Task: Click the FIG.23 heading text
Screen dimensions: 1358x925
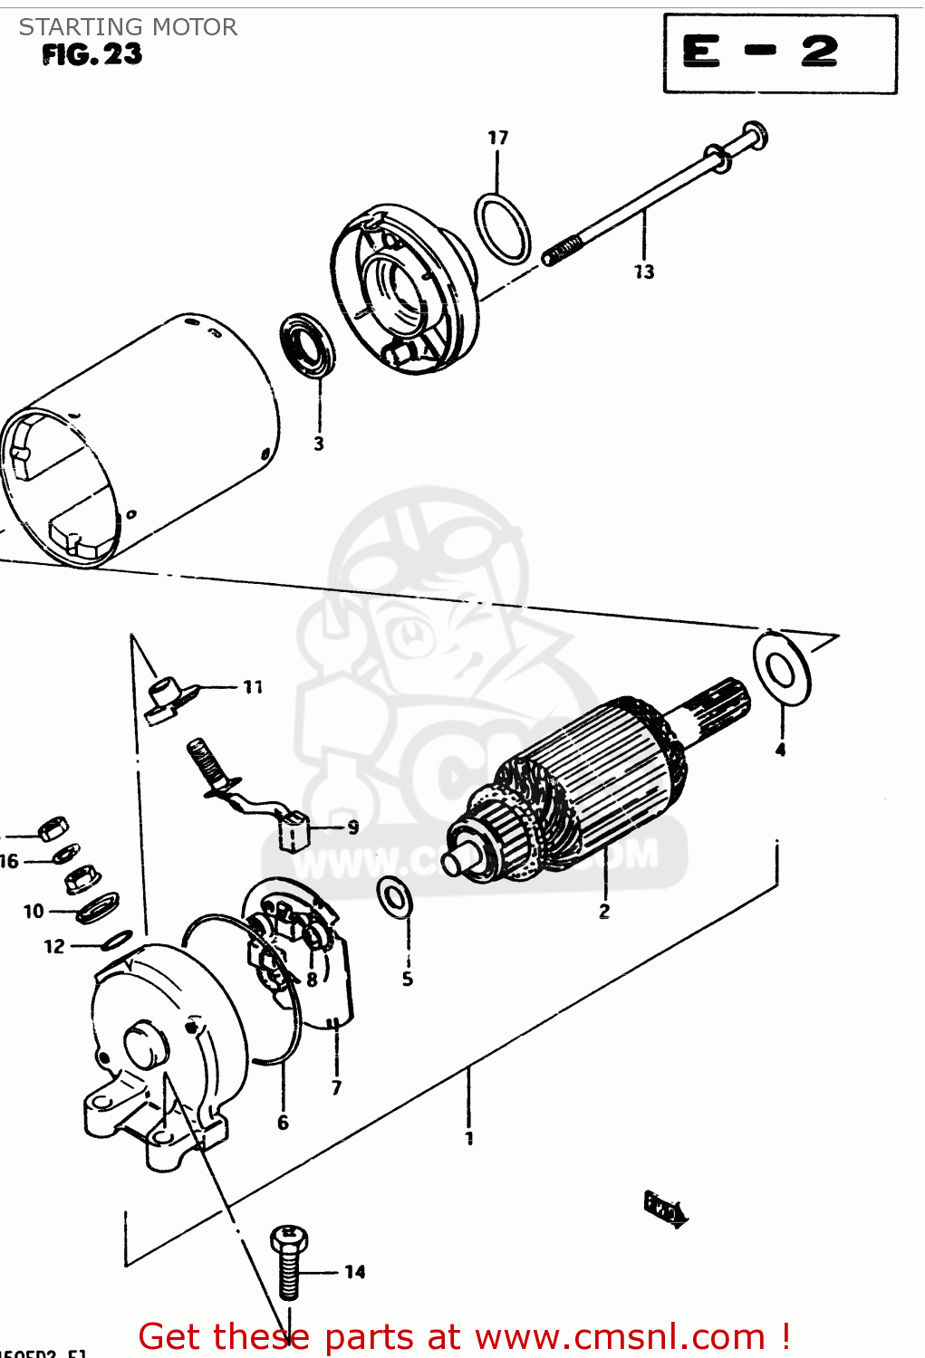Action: tap(92, 55)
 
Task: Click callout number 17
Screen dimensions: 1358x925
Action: tap(497, 138)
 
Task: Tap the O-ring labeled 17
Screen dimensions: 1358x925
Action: tap(502, 227)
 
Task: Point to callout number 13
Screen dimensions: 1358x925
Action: tap(644, 272)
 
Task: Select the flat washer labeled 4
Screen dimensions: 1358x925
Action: tap(781, 668)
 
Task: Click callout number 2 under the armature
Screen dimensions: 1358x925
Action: tap(604, 912)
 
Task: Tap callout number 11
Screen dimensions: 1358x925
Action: tap(253, 687)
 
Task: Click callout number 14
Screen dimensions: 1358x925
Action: tap(355, 1272)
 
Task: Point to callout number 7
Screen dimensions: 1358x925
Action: tap(336, 1087)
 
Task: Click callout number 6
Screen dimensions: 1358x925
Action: tap(283, 1123)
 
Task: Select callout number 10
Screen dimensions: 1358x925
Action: tap(34, 912)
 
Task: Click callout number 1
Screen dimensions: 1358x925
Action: tap(469, 1138)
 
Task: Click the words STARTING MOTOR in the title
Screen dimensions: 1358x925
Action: tap(129, 27)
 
